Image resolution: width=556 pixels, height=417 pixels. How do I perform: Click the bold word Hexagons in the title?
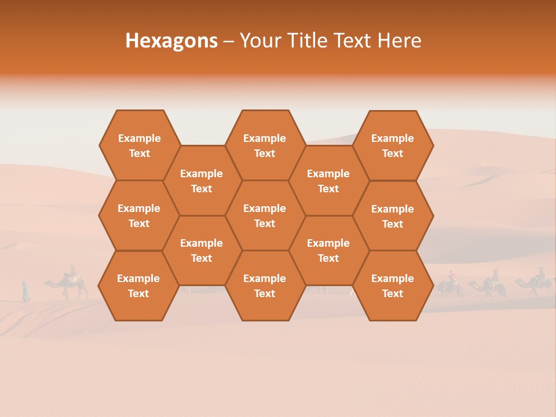tap(171, 41)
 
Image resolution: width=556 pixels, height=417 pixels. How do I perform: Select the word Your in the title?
tap(258, 41)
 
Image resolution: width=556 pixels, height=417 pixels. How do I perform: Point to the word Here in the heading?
tap(399, 41)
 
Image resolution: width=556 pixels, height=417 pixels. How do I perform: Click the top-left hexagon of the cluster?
tap(139, 145)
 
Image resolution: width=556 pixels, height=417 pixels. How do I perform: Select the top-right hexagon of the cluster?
tap(393, 145)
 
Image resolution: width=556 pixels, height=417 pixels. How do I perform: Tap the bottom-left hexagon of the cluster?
tap(138, 286)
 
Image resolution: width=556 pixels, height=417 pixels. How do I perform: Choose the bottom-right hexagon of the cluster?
tap(393, 286)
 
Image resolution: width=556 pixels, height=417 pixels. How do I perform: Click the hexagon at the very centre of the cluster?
tap(265, 215)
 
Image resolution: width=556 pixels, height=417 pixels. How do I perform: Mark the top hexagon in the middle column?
tap(265, 145)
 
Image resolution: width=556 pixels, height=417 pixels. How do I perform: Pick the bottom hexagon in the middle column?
tap(265, 286)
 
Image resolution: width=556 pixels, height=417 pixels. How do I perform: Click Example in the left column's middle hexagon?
tap(139, 209)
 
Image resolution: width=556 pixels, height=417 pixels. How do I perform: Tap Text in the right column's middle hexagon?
tap(393, 224)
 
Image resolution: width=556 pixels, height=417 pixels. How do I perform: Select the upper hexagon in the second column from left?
tap(202, 181)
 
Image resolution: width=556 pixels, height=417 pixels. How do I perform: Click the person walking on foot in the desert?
tap(25, 291)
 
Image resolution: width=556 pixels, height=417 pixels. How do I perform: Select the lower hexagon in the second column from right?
tap(328, 250)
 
